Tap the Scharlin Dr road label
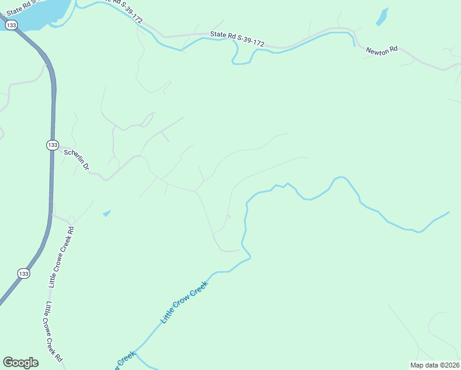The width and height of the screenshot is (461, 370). click(77, 159)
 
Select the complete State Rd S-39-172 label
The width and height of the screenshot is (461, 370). click(237, 39)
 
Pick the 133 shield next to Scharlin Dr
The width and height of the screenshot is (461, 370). click(52, 144)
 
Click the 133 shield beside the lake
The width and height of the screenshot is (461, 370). click(10, 25)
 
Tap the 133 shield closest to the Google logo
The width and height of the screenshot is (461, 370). click(23, 273)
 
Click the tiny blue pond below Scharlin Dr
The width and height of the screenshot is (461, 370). click(107, 213)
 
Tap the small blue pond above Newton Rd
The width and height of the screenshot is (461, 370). click(382, 16)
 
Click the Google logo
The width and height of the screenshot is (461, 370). click(20, 363)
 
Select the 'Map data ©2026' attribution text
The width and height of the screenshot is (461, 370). click(435, 364)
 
